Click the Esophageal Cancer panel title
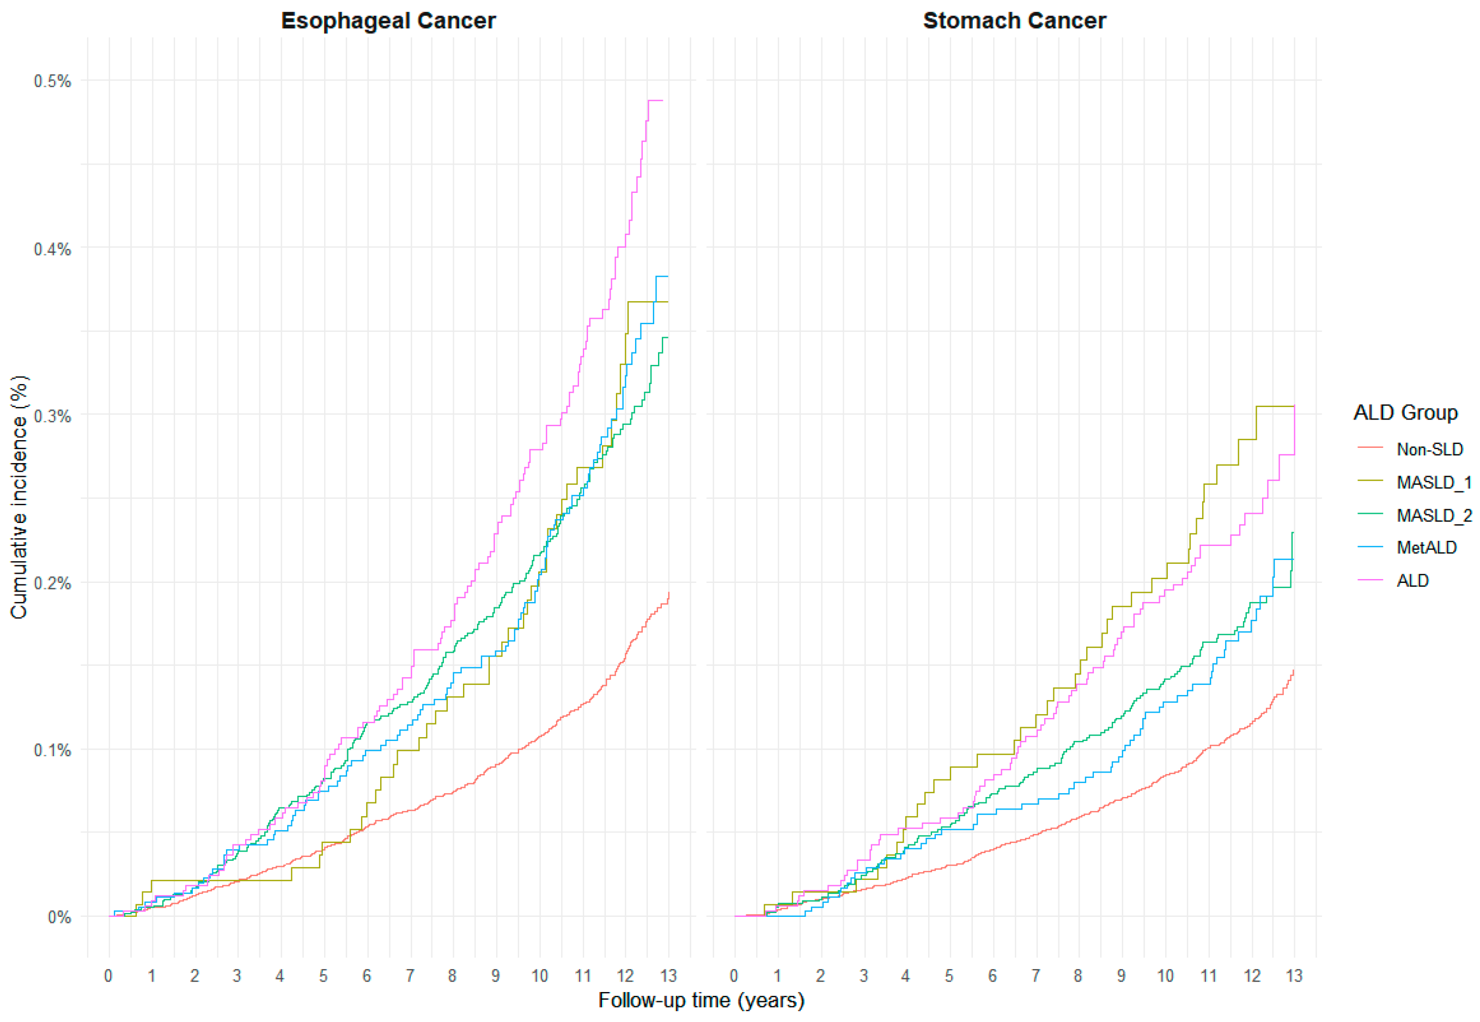[x=388, y=21]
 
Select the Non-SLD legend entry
[x=1429, y=449]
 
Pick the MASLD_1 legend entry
[x=1433, y=482]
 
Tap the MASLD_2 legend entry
[x=1433, y=515]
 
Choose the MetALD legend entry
[x=1426, y=547]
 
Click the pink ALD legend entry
[x=1412, y=580]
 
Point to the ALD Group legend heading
[x=1405, y=412]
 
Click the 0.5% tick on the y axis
[x=52, y=81]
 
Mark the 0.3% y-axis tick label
[x=52, y=416]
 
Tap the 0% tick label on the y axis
[x=59, y=917]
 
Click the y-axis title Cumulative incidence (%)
[x=19, y=497]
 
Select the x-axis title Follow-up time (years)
[x=701, y=1000]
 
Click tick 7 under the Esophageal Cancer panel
[x=410, y=975]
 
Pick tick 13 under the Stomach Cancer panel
[x=1294, y=975]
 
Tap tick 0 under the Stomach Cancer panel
[x=734, y=975]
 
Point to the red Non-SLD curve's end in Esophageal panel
[x=668, y=594]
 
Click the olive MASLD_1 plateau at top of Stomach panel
[x=1274, y=406]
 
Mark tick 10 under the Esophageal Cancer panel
[x=539, y=975]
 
